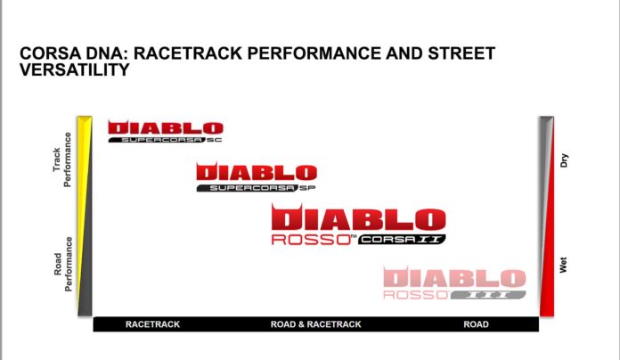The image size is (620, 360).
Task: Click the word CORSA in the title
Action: click(47, 53)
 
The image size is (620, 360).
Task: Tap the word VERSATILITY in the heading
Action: click(75, 70)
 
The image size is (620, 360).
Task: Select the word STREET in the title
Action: click(461, 53)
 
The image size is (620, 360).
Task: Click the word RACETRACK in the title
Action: click(188, 53)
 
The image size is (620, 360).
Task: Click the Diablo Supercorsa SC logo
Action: click(166, 131)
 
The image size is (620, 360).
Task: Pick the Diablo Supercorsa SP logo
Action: click(257, 177)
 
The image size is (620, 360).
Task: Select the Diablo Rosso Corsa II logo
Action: click(359, 225)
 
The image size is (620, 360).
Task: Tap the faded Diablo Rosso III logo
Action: click(454, 282)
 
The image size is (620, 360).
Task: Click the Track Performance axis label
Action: click(62, 160)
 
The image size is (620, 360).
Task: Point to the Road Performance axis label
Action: click(63, 265)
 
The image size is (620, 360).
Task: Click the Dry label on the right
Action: click(564, 160)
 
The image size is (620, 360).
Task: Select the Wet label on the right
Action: click(564, 265)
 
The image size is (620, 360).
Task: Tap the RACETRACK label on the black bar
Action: click(152, 324)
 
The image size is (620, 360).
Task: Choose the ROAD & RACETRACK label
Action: click(316, 324)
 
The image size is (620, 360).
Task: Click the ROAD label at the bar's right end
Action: click(476, 324)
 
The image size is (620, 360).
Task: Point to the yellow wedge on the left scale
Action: click(83, 178)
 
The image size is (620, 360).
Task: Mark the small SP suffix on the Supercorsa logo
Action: click(307, 188)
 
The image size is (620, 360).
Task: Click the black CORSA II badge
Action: click(402, 240)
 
